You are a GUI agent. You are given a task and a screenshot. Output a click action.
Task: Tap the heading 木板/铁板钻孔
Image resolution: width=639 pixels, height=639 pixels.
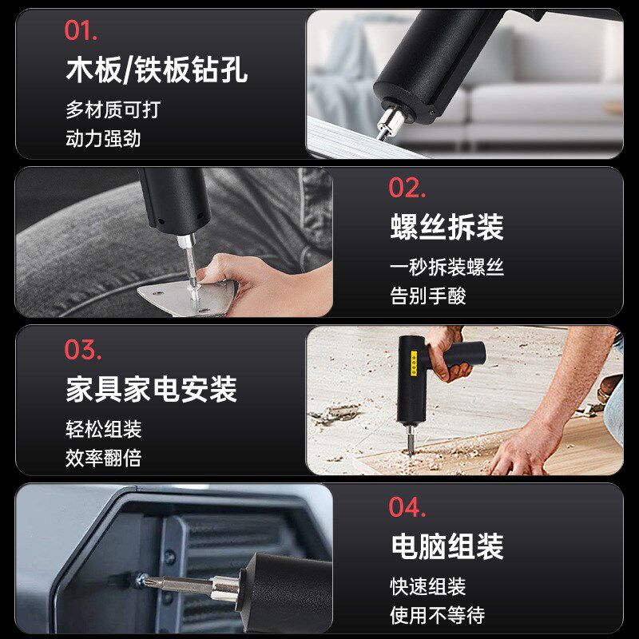point(156,70)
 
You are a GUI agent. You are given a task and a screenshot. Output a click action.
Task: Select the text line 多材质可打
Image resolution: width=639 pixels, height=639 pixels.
point(113,109)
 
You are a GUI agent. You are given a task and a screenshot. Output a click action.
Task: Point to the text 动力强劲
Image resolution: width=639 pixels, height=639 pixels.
point(103,138)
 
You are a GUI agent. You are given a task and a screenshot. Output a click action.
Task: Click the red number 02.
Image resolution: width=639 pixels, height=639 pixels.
point(407,188)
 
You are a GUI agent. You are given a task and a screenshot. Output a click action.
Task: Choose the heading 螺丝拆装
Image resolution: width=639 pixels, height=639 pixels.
point(447,228)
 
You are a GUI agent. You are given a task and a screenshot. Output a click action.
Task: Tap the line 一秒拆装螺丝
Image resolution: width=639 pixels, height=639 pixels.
point(447,268)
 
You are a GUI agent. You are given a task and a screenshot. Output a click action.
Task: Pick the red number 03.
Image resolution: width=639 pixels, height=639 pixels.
point(83,350)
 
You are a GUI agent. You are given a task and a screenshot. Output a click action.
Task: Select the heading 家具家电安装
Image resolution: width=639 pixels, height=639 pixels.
point(151,390)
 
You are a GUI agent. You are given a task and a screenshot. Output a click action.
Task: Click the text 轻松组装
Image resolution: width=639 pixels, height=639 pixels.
point(103,430)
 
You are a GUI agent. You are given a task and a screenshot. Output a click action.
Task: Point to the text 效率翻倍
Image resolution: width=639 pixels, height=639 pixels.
point(103,458)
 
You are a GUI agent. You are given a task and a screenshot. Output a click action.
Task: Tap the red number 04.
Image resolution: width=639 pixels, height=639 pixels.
point(407,507)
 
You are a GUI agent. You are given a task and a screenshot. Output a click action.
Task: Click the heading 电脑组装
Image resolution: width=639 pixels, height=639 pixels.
point(447,547)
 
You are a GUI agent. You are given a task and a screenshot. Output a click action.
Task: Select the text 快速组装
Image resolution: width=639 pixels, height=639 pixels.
point(427,587)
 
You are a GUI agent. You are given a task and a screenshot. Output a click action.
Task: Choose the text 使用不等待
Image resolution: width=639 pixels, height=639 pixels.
point(437,616)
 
